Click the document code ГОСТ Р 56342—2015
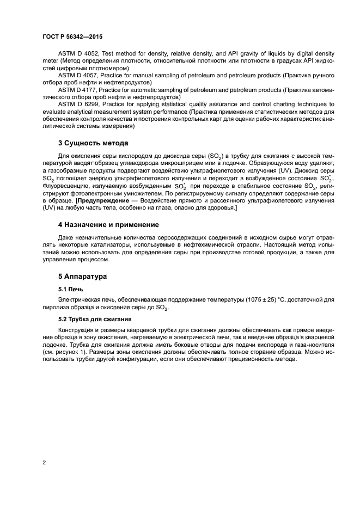72,36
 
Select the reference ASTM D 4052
80,54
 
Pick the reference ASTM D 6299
80,103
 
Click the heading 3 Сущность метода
93,143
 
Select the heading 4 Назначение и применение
108,224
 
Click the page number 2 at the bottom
44,462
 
